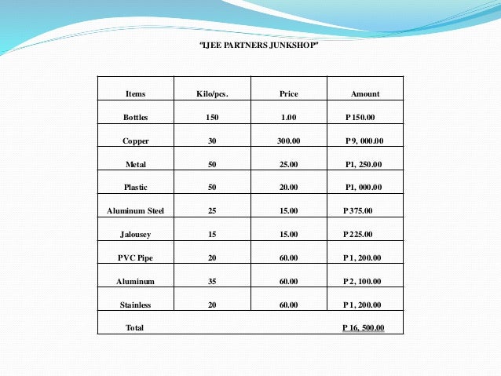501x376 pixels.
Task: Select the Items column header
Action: click(x=135, y=94)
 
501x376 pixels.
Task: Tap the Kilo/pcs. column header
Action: click(x=212, y=94)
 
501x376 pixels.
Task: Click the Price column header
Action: click(x=288, y=94)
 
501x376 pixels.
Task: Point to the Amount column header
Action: click(x=365, y=94)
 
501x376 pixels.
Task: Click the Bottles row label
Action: click(x=135, y=118)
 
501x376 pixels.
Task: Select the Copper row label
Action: click(x=135, y=141)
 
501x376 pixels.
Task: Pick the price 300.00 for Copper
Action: click(x=288, y=141)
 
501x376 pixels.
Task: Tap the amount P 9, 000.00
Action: click(x=364, y=141)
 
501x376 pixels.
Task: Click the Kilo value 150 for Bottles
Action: click(x=212, y=118)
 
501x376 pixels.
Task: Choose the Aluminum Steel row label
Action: click(x=135, y=211)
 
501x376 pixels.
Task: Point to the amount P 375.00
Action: click(x=359, y=211)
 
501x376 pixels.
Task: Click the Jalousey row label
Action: click(x=135, y=234)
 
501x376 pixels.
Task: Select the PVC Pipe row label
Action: click(x=135, y=257)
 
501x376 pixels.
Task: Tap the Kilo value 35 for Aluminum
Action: click(x=212, y=281)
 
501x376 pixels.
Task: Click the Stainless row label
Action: click(x=135, y=305)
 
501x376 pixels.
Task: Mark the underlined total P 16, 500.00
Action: click(x=364, y=327)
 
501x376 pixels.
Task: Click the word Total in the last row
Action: click(x=135, y=327)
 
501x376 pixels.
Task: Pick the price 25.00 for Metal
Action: click(x=288, y=165)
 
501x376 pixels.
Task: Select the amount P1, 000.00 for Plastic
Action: click(x=364, y=188)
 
